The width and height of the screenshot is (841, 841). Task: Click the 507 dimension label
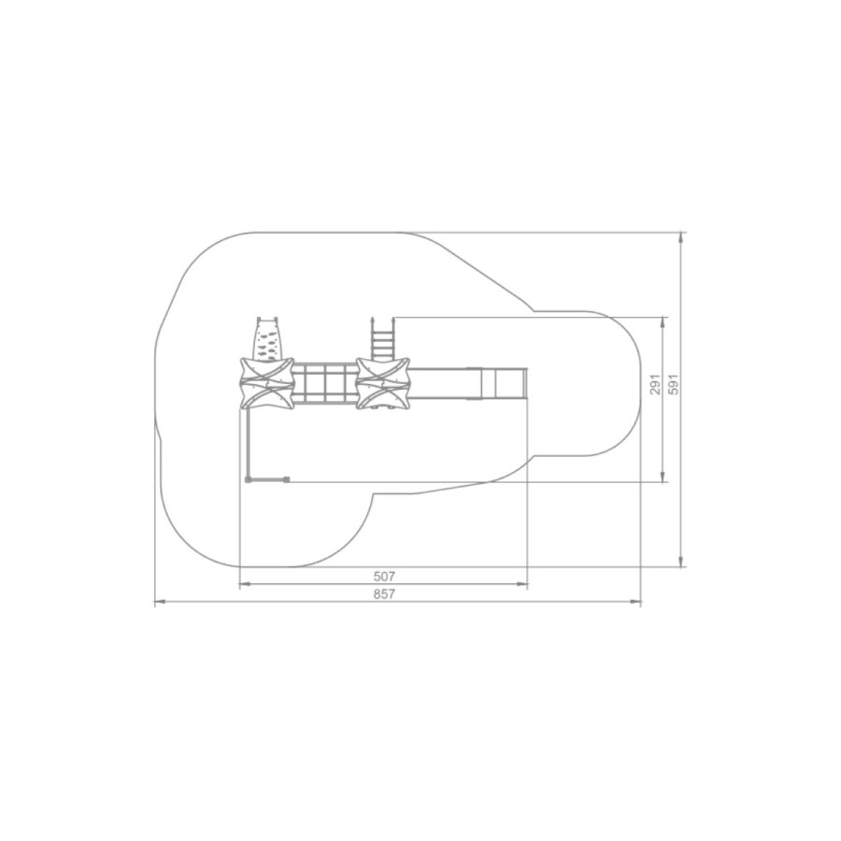(x=384, y=576)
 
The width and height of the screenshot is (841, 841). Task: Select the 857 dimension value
(x=384, y=593)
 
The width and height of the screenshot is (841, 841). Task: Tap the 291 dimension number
(x=655, y=385)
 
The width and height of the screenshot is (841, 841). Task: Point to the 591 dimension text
(x=674, y=385)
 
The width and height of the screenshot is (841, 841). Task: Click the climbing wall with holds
(x=267, y=339)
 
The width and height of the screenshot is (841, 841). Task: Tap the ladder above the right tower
(x=383, y=338)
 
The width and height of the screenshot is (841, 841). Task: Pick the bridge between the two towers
(x=325, y=384)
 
